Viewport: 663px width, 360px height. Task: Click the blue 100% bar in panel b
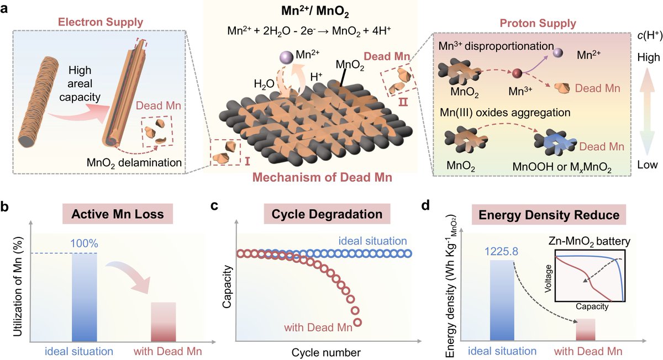(x=85, y=298)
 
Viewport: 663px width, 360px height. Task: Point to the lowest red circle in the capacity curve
(x=357, y=322)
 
